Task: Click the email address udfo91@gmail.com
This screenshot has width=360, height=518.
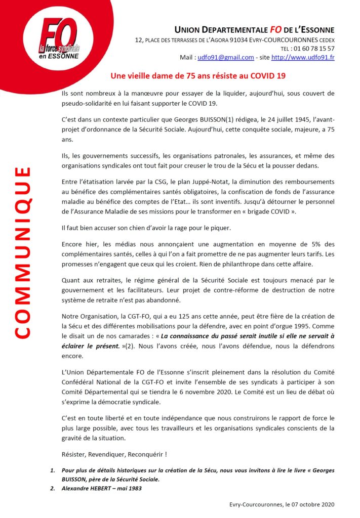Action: pyautogui.click(x=225, y=58)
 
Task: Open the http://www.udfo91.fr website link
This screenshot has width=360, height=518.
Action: pyautogui.click(x=303, y=58)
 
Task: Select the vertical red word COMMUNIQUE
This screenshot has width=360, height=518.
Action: pyautogui.click(x=22, y=253)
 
